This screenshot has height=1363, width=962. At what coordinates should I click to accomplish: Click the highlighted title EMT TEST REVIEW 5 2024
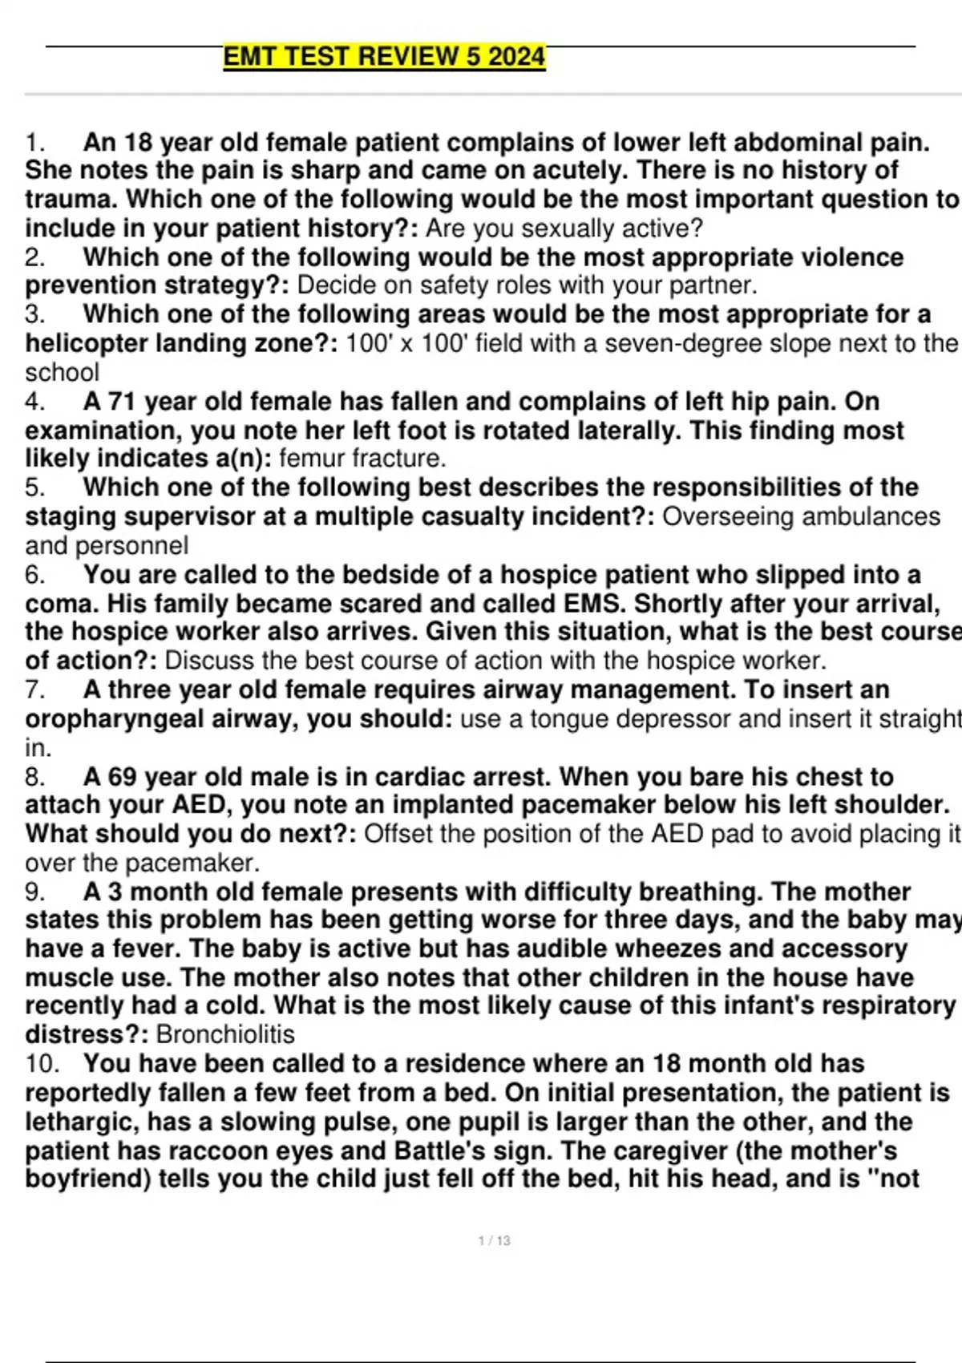[x=384, y=57]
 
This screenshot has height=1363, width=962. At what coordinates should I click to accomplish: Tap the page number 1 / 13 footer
[x=494, y=1240]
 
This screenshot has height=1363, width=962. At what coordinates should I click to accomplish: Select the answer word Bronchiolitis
[x=225, y=1034]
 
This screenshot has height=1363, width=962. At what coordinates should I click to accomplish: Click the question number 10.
[x=42, y=1064]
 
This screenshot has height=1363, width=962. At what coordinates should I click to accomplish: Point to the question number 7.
[x=34, y=690]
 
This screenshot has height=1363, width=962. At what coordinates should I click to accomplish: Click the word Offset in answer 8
[x=398, y=834]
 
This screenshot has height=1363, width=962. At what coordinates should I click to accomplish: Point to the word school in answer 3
[x=62, y=372]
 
